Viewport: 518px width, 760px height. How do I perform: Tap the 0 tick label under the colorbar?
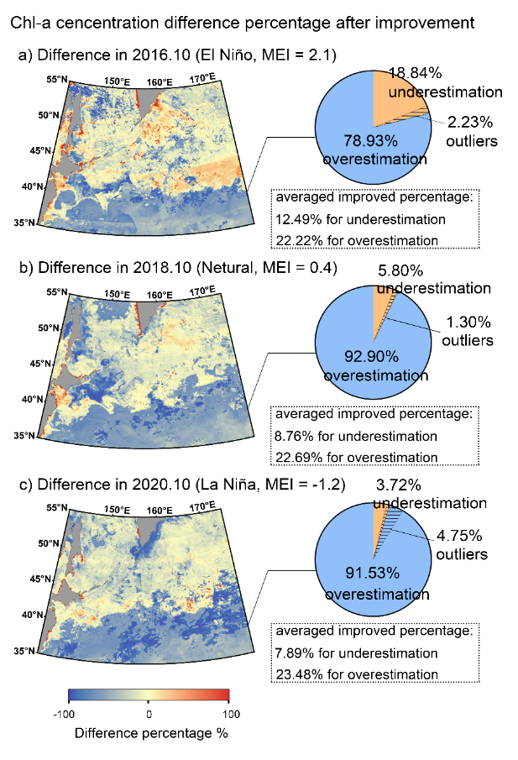[x=149, y=714]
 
